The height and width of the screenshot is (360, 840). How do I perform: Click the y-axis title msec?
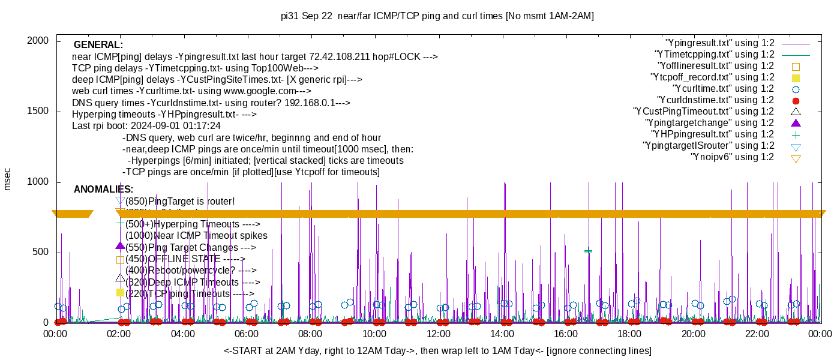click(x=8, y=179)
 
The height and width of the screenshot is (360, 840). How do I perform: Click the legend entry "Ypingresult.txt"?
click(x=719, y=43)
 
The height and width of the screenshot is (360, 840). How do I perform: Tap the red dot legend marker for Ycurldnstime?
click(x=796, y=101)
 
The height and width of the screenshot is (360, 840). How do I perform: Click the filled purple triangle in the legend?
click(x=796, y=123)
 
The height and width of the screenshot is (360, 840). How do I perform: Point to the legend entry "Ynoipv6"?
click(x=732, y=157)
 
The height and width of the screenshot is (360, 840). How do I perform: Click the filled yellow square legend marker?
click(x=796, y=78)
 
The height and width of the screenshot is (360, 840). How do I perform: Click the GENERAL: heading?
click(x=98, y=45)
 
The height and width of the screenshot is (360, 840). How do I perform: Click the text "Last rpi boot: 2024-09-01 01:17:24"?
click(x=146, y=126)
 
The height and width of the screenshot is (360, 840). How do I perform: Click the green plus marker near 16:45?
click(x=588, y=252)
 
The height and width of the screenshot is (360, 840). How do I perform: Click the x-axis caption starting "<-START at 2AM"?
click(x=437, y=350)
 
